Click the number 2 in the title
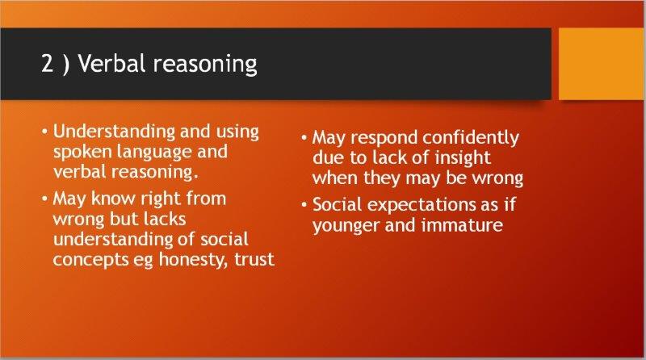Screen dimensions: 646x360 (48, 65)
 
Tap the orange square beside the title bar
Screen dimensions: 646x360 (602, 64)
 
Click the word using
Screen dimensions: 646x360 (237, 132)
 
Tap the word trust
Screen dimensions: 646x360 (254, 259)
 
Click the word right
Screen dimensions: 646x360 (160, 199)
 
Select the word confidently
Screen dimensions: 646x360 (471, 138)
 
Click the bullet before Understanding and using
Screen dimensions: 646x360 (45, 132)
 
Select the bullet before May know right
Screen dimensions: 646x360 (45, 199)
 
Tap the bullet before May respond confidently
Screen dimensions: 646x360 (304, 137)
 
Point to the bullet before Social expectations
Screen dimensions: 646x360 (304, 204)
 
